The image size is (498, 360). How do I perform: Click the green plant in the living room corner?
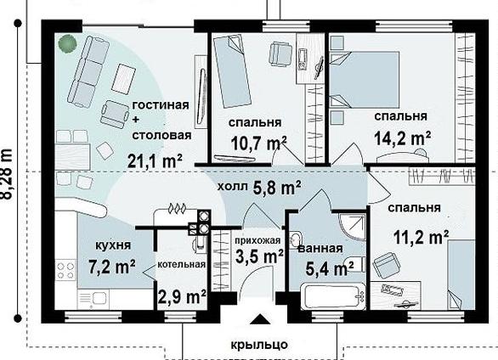(x=67, y=43)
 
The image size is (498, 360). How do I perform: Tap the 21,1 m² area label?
(x=155, y=160)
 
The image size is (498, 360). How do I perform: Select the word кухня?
(x=113, y=245)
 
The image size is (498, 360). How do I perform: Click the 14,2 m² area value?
(x=402, y=138)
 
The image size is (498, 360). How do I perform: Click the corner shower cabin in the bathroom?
(x=352, y=226)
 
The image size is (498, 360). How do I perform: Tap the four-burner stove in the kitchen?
(x=65, y=270)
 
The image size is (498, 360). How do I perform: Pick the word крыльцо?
(x=259, y=344)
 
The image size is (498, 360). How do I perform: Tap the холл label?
(x=232, y=187)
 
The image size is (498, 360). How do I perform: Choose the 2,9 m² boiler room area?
(x=183, y=297)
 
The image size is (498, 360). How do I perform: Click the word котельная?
(x=182, y=264)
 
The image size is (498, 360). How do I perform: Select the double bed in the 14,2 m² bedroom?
(x=365, y=79)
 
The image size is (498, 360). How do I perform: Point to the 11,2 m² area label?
(x=422, y=237)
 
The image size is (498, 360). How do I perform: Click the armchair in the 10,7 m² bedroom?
(x=280, y=54)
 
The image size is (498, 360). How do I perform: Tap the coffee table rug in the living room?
(x=124, y=79)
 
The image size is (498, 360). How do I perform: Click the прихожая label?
(x=257, y=240)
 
